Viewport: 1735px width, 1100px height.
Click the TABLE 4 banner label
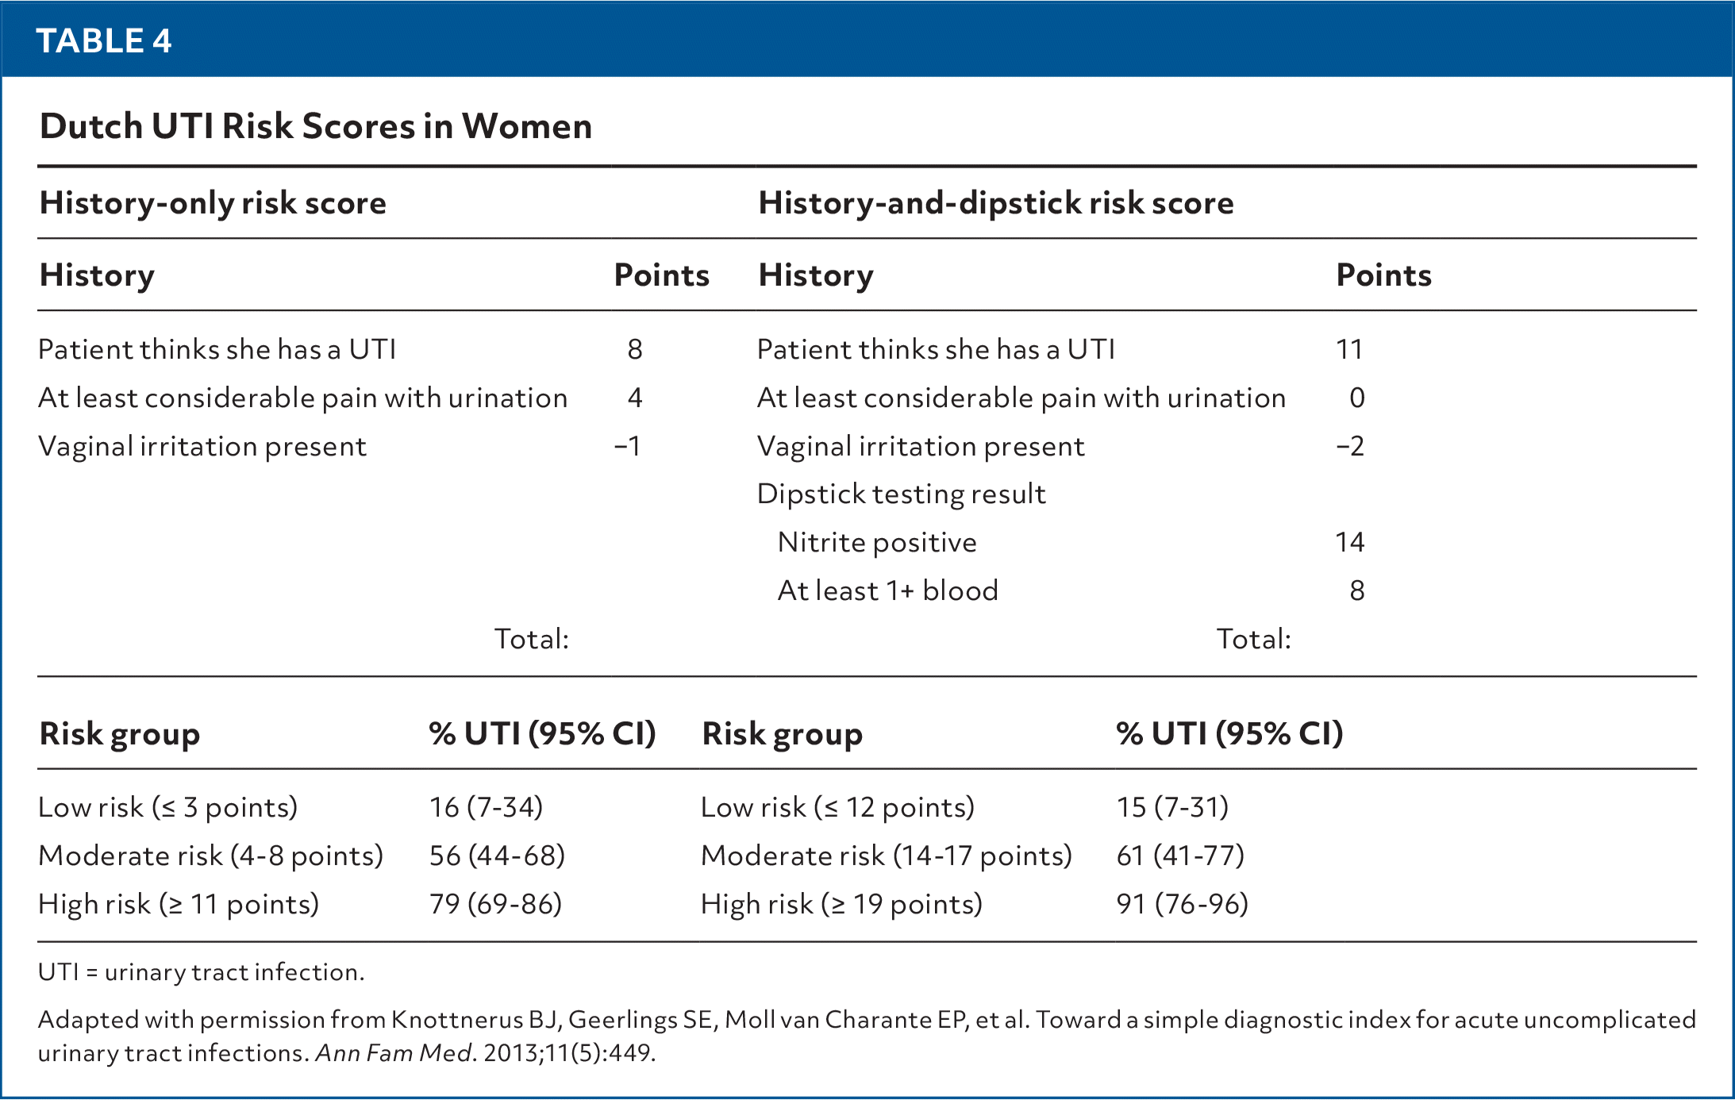pos(104,40)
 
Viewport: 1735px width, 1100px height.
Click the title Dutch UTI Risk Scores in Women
pos(316,126)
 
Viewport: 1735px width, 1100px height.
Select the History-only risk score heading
pos(213,203)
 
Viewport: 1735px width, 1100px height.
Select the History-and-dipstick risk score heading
pos(996,203)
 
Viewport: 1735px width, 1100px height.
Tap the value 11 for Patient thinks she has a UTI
pos(1348,349)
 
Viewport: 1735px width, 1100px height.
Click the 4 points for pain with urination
pos(635,398)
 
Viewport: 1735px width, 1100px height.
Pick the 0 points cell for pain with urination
pos(1356,398)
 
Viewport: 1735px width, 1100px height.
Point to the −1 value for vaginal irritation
pos(628,446)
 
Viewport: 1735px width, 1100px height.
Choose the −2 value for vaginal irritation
pos(1350,446)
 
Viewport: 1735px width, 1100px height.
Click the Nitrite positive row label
pos(877,543)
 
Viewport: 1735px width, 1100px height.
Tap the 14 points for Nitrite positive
pos(1349,543)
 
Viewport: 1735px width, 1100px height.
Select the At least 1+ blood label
pos(887,591)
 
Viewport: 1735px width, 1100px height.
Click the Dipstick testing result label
pos(901,494)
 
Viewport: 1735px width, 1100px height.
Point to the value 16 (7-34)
pos(486,808)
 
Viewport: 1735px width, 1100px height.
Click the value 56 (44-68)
pos(497,856)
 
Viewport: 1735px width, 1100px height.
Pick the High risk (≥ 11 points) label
pos(179,905)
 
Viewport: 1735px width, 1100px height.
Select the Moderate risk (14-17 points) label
pos(886,856)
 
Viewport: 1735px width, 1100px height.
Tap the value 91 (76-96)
pos(1182,905)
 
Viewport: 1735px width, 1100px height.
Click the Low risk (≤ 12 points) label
pos(837,808)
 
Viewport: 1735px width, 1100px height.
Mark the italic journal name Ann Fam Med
pos(394,1054)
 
